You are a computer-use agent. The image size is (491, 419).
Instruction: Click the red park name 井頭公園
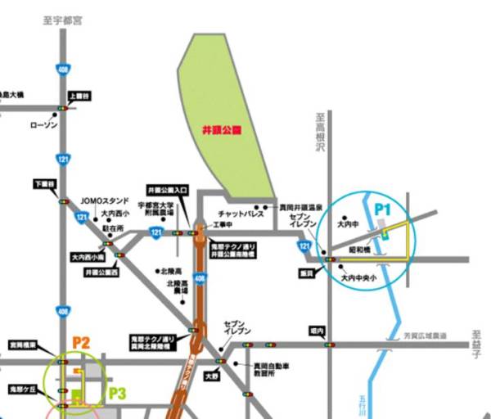click(218, 129)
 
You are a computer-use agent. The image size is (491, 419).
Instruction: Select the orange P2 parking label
click(80, 342)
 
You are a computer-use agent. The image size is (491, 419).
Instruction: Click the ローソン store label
click(44, 125)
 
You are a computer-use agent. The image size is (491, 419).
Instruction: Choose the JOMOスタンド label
click(105, 199)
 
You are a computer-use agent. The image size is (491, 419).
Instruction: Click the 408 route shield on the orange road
click(200, 278)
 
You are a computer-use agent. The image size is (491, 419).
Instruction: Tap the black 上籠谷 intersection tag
click(82, 97)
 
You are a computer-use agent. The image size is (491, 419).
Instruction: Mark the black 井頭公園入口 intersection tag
click(168, 189)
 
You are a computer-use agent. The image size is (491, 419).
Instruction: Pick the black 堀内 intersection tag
click(318, 331)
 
